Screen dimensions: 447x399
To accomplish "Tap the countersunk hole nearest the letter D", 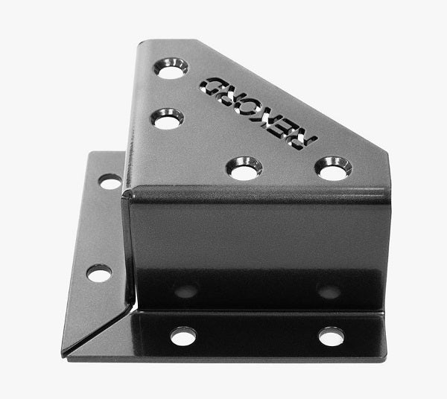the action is pos(171,68).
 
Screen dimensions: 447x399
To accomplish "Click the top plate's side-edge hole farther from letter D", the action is pos(167,119).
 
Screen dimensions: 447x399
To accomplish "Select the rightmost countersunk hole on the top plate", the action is pos(333,168).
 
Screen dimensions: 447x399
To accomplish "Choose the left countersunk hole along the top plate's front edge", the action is pos(244,168).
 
